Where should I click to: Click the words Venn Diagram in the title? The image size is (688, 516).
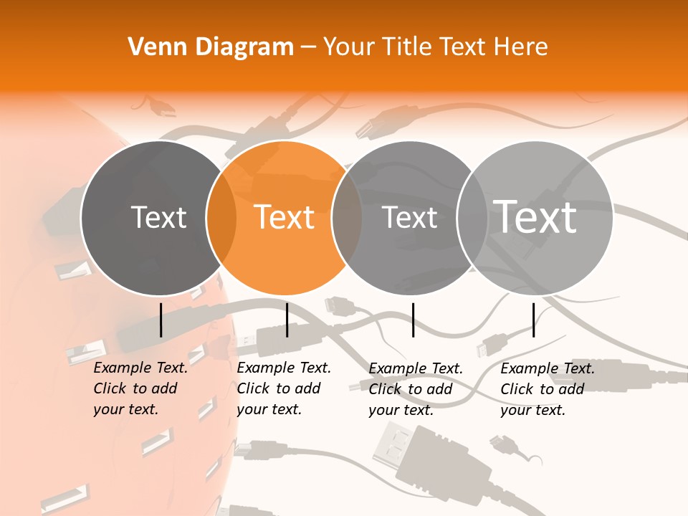click(211, 47)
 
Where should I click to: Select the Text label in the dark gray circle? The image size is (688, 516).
click(158, 217)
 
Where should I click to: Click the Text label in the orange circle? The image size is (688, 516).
click(284, 217)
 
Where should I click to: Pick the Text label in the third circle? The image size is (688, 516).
click(410, 217)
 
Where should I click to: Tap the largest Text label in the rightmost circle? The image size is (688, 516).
click(535, 216)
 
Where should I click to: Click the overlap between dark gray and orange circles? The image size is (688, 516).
click(221, 218)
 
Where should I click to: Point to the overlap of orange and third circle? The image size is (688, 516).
click(347, 218)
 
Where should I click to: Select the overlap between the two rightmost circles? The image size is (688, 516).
click(472, 218)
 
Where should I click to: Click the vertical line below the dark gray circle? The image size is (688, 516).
click(161, 320)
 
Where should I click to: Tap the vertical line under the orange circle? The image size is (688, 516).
click(287, 320)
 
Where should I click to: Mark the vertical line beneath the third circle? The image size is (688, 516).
click(413, 320)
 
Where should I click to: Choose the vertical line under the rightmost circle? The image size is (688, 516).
click(534, 320)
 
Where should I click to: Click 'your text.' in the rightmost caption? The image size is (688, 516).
click(532, 410)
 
